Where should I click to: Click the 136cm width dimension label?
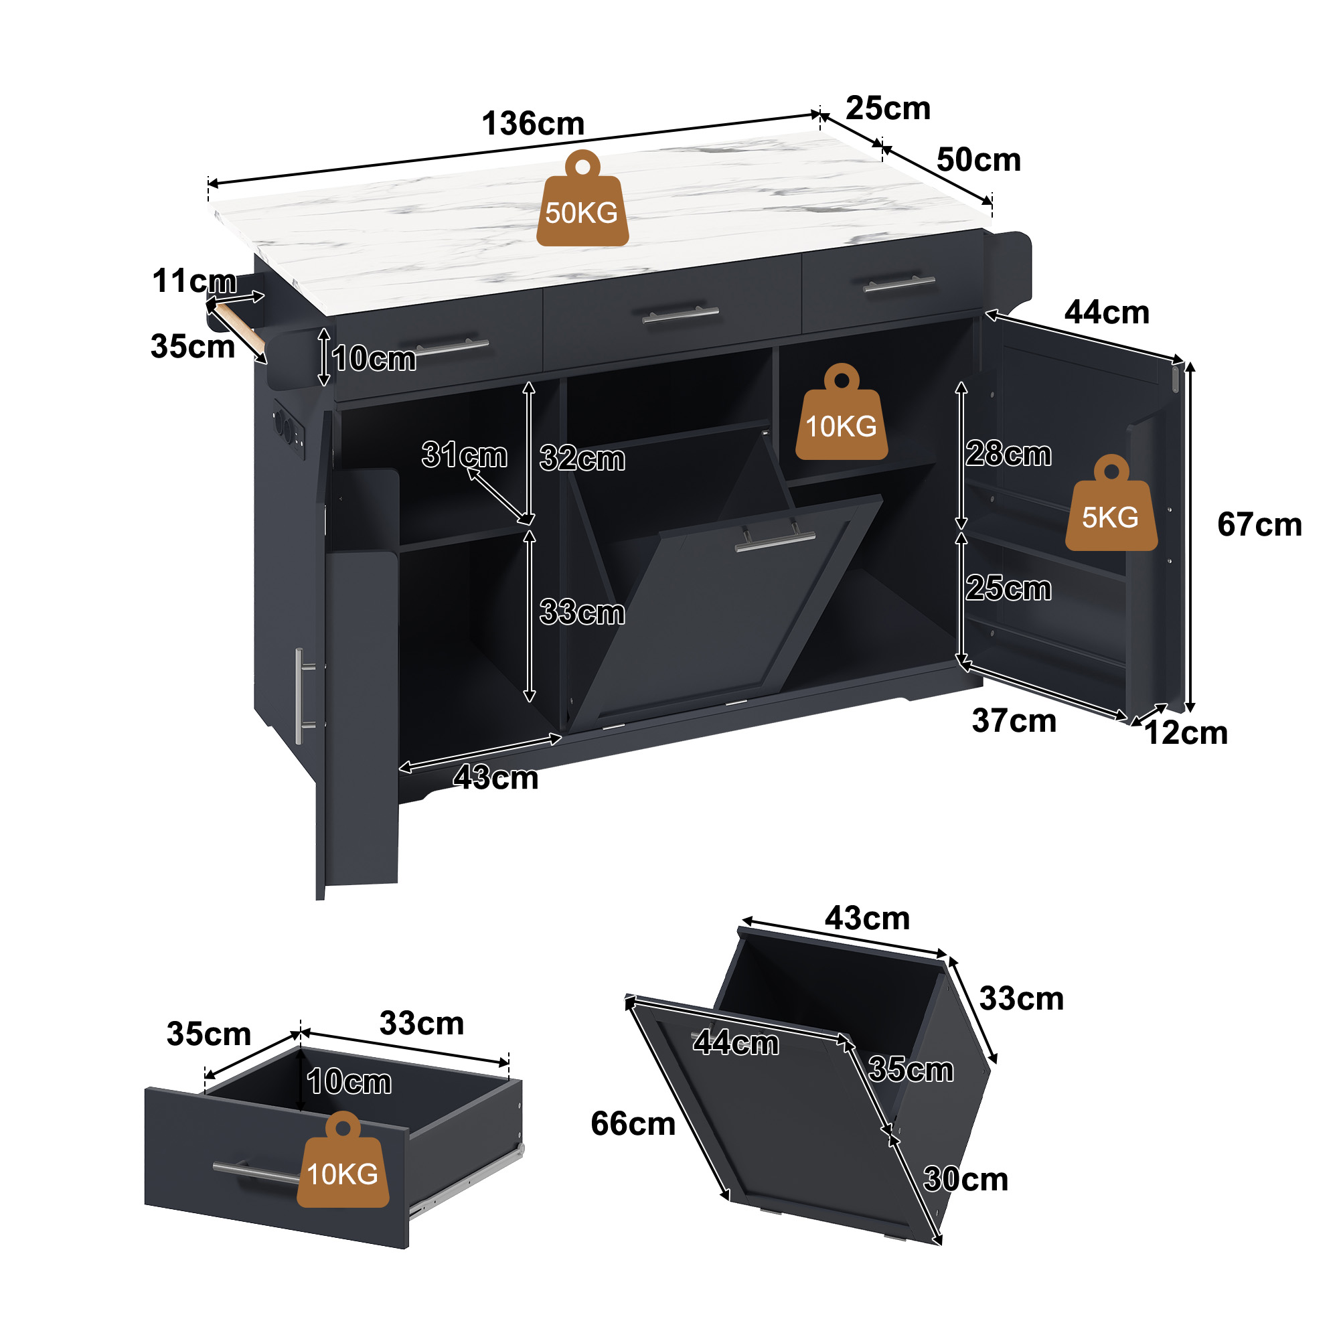tap(533, 124)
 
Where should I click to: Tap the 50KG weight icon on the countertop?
tap(582, 199)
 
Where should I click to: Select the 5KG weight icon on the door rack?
tap(1111, 503)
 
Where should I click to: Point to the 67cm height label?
tap(1259, 525)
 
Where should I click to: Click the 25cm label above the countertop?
tap(888, 108)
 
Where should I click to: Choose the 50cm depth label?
tap(979, 160)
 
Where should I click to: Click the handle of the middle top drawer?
tap(681, 315)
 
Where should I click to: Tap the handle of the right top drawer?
tap(899, 283)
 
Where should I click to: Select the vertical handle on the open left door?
tap(303, 696)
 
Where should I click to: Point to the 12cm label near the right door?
tap(1185, 733)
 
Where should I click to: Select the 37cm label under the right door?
tap(1014, 721)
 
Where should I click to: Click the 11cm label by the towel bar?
tap(194, 281)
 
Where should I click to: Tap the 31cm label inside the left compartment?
tap(465, 455)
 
